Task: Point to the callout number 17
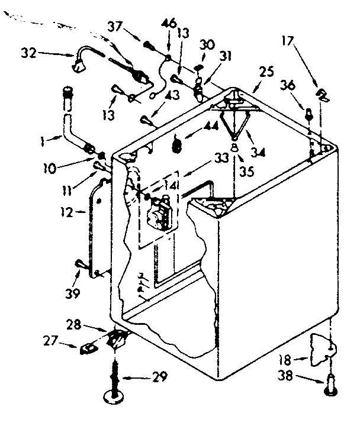point(289,41)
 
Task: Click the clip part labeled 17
point(322,94)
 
